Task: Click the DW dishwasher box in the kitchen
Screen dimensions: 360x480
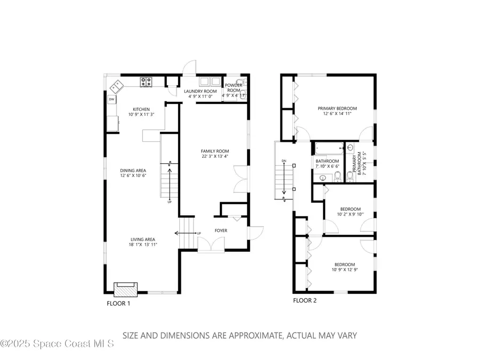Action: (111, 99)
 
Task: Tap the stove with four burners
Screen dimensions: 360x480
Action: (146, 82)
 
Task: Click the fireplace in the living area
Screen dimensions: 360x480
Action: (126, 290)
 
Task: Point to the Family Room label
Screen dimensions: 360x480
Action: (215, 151)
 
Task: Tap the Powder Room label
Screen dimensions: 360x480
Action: (233, 88)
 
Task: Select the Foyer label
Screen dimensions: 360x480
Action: (221, 230)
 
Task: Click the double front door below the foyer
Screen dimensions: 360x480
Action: (211, 244)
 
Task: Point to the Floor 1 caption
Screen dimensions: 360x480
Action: (118, 303)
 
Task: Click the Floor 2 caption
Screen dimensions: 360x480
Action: (305, 300)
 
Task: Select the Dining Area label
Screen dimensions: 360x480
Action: (133, 170)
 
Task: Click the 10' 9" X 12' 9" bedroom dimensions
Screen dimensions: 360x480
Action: (345, 270)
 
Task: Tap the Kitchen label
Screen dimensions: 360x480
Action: (141, 109)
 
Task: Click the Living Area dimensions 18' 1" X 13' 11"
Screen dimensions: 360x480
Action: (142, 244)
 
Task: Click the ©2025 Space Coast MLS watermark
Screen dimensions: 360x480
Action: (57, 344)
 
